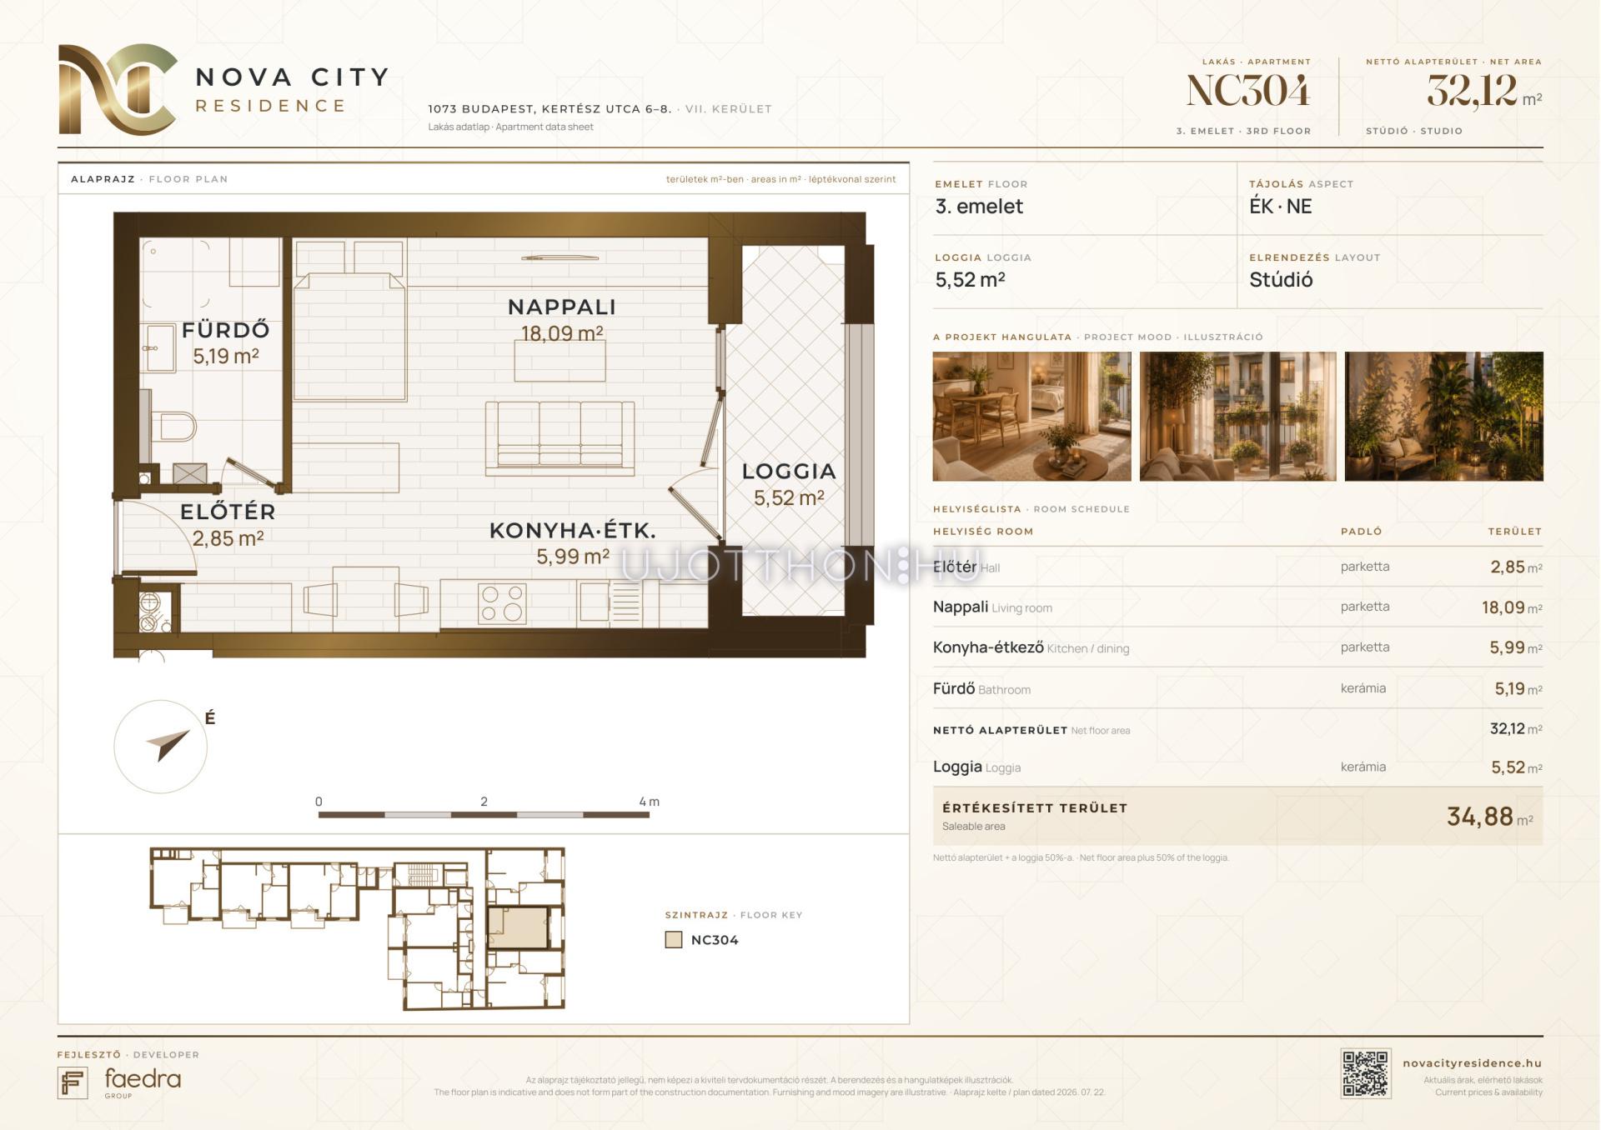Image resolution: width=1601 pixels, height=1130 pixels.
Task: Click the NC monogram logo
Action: [x=118, y=90]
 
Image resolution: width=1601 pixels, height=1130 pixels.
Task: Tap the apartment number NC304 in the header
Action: [x=1248, y=91]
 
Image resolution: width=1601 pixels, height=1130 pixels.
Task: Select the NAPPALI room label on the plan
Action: [x=562, y=307]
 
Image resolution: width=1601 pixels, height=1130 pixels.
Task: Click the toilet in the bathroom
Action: [x=173, y=426]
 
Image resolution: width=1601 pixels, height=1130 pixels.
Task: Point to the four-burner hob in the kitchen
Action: [x=502, y=604]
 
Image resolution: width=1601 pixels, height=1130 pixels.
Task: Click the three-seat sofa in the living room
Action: [x=560, y=434]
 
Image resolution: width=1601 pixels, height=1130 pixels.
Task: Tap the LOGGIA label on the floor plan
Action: [x=789, y=471]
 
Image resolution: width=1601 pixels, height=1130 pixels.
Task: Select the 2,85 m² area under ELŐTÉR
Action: [x=228, y=538]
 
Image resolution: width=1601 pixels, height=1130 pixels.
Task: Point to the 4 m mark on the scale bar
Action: [x=649, y=802]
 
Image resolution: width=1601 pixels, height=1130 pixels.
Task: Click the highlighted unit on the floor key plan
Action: [x=518, y=927]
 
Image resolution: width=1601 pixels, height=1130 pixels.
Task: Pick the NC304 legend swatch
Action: [x=674, y=940]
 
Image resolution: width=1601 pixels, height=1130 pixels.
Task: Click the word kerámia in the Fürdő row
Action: [x=1363, y=688]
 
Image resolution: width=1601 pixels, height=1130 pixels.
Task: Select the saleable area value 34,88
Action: [x=1480, y=816]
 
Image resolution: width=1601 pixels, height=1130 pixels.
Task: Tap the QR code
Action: [x=1366, y=1073]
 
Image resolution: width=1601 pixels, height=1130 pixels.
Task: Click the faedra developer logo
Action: [x=119, y=1082]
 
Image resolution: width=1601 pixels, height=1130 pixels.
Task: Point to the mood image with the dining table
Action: [x=1031, y=417]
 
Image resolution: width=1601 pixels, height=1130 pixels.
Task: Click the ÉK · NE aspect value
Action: [x=1280, y=207]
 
